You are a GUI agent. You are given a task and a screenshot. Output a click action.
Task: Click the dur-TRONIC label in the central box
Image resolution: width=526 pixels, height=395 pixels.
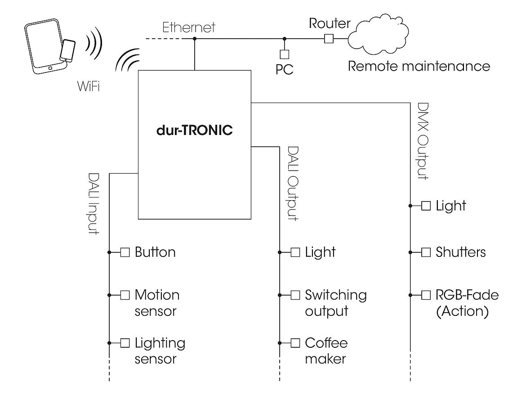194,131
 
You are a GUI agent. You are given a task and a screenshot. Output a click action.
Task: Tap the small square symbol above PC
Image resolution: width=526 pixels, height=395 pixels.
284,54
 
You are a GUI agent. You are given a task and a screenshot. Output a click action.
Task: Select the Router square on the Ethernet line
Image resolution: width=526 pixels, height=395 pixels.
329,39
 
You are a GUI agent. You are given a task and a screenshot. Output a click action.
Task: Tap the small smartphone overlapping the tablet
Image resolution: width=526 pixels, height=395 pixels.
68,50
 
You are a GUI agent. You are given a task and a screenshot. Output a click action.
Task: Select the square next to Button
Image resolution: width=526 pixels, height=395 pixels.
125,252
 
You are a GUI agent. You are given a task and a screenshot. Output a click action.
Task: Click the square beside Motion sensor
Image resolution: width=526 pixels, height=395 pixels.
125,295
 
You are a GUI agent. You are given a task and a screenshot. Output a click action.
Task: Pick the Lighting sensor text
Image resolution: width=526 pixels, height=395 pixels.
160,351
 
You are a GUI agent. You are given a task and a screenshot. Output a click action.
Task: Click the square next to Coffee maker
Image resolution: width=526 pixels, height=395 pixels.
295,343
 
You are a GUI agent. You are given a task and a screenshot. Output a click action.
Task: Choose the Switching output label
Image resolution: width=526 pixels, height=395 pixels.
335,303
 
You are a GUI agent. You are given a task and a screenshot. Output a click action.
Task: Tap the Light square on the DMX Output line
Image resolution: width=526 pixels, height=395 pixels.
426,206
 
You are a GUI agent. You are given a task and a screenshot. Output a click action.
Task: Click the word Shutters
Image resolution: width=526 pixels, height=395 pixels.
460,252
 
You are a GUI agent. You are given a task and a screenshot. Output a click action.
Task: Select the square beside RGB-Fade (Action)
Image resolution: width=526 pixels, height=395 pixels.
426,295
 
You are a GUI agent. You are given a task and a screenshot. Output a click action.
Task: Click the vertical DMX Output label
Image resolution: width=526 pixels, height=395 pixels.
423,141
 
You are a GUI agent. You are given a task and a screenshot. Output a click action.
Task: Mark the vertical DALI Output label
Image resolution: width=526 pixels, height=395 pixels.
292,183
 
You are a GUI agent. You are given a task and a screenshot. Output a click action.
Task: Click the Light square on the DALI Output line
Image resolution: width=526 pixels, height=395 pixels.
295,252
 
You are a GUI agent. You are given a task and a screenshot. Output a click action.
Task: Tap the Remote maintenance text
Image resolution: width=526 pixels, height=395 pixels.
419,67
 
